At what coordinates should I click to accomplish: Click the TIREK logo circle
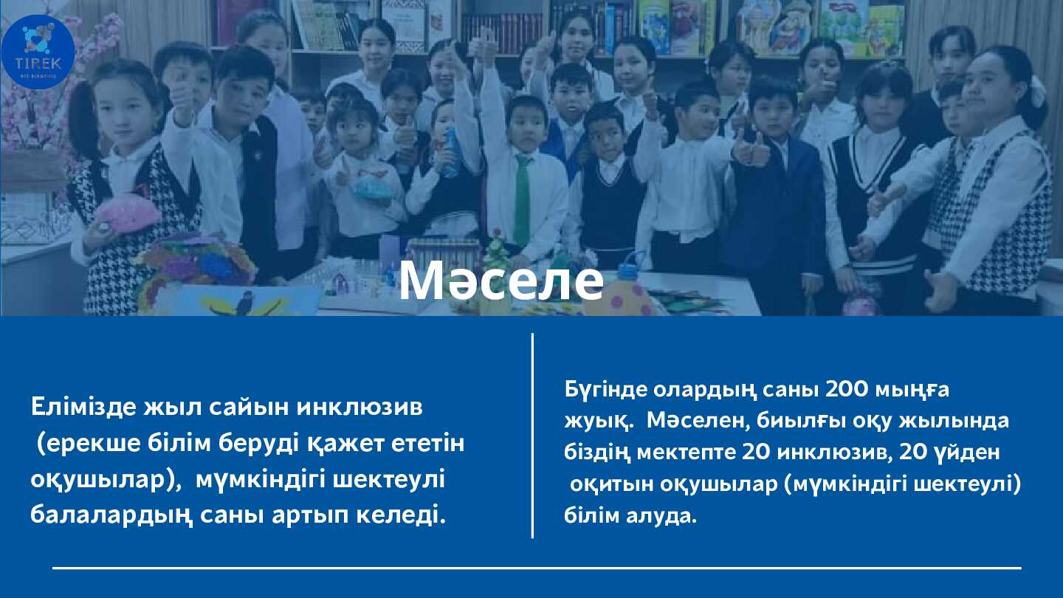[x=38, y=52]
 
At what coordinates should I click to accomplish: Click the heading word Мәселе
[x=501, y=281]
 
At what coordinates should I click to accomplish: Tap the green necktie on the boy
[x=523, y=200]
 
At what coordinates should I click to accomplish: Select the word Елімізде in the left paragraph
[x=83, y=407]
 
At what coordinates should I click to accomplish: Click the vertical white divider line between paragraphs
[x=532, y=436]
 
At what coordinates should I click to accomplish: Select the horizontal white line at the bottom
[x=537, y=568]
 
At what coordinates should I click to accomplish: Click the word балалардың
[x=111, y=516]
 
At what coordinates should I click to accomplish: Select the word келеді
[x=401, y=516]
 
